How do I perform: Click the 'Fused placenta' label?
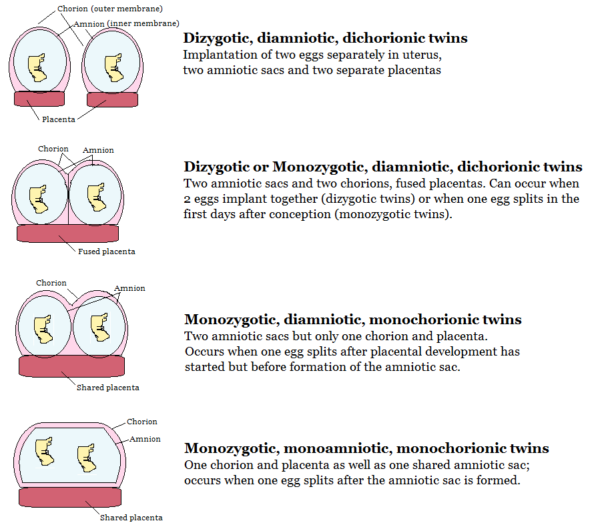click(x=107, y=251)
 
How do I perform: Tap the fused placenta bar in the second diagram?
click(x=67, y=233)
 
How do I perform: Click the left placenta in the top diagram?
click(x=40, y=99)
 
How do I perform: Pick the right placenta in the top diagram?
click(x=113, y=99)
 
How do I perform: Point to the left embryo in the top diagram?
click(x=40, y=67)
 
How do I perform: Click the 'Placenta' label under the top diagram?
click(x=59, y=119)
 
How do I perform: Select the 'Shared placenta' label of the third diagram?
click(x=108, y=388)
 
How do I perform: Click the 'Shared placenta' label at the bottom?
click(x=131, y=517)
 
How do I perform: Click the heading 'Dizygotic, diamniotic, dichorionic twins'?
click(x=326, y=38)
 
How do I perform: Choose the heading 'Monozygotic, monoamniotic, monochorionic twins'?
click(x=366, y=448)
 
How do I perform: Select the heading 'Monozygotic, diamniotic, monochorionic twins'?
click(x=353, y=320)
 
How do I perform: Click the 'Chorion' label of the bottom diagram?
click(x=142, y=422)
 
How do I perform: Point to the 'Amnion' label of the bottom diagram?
click(x=145, y=439)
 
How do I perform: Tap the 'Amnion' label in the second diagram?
click(x=98, y=150)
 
